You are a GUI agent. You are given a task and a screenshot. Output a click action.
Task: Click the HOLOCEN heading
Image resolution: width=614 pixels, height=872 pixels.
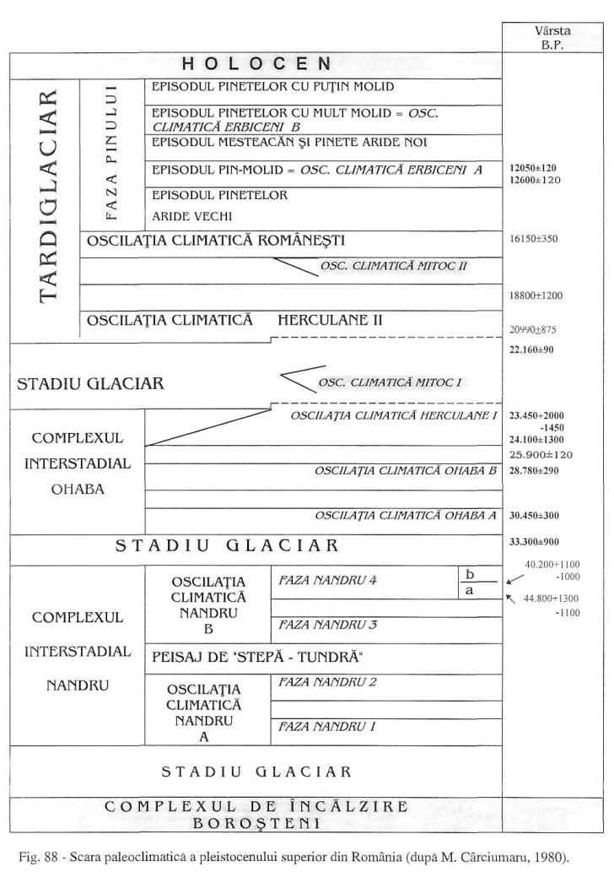[x=256, y=65]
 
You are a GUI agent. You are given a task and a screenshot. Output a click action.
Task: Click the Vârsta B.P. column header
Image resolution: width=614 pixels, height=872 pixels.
[x=552, y=39]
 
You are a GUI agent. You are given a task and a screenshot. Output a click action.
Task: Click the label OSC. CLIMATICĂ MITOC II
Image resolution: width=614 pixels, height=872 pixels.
[x=393, y=266]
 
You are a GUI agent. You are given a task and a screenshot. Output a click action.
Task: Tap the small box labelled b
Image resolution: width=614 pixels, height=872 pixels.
[x=470, y=574]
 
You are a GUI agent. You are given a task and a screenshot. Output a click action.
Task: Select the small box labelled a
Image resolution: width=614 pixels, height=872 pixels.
[x=470, y=591]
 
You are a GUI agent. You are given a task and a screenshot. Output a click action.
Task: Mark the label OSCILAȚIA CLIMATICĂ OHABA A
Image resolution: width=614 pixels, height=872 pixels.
[x=406, y=515]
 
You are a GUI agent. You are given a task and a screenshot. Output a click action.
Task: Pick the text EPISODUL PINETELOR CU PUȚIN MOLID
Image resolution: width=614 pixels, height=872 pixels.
[x=272, y=87]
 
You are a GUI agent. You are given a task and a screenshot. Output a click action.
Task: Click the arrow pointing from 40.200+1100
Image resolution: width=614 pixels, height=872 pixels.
[x=514, y=579]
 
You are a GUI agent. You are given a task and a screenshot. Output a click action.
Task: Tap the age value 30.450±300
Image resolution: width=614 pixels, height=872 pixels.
[x=536, y=515]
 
